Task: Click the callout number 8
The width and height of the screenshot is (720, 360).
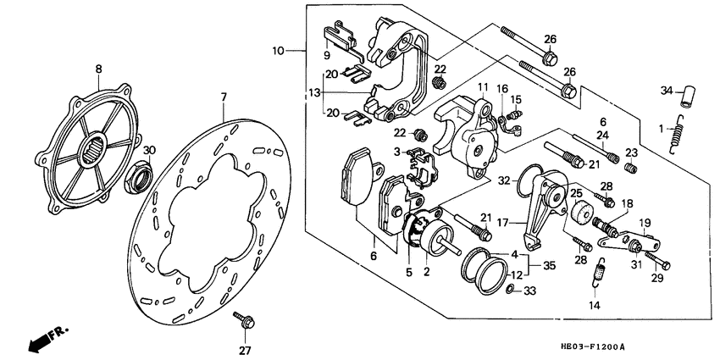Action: [98, 69]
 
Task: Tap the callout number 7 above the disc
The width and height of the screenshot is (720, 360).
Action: [224, 98]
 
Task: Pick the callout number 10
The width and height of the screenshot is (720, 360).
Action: [279, 52]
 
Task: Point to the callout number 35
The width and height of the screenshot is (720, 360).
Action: [551, 264]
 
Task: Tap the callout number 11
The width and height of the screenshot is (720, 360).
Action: [483, 88]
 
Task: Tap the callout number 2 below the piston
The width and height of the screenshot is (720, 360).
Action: [426, 272]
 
